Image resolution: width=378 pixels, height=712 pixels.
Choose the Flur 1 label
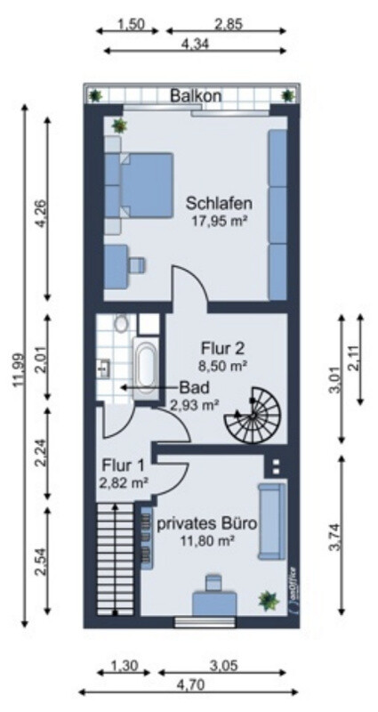(x=123, y=464)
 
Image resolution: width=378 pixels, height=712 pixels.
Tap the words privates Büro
(x=208, y=524)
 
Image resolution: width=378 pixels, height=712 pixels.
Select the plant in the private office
(x=268, y=601)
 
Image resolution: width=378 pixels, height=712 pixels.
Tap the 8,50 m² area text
(x=222, y=364)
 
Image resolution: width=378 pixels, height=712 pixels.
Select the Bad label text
(x=194, y=387)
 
